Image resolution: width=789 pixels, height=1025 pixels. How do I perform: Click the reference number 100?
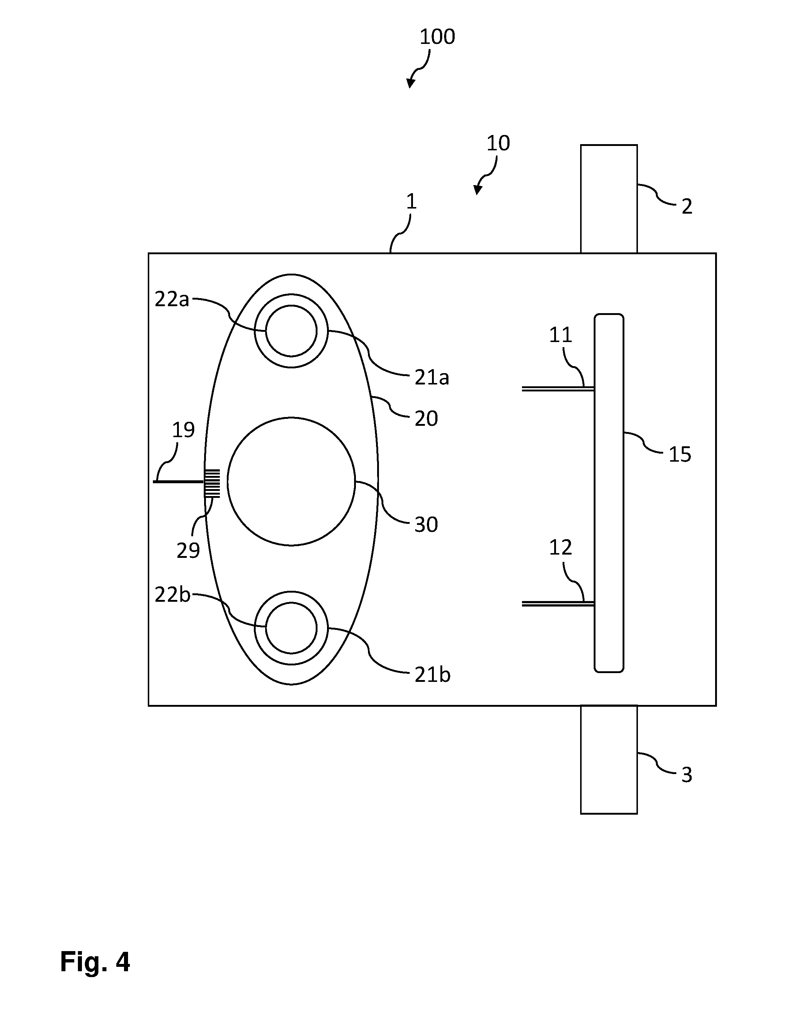tap(437, 37)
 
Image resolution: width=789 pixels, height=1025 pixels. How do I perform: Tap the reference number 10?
tap(498, 143)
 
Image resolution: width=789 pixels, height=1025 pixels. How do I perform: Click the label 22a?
tap(172, 300)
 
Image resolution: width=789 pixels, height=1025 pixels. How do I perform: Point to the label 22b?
tap(172, 595)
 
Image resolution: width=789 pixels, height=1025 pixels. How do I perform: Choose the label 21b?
tap(432, 675)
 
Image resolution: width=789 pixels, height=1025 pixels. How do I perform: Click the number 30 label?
tap(426, 524)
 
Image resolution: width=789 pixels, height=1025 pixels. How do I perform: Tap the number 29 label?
tap(188, 550)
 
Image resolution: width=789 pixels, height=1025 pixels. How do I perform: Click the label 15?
tap(680, 454)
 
